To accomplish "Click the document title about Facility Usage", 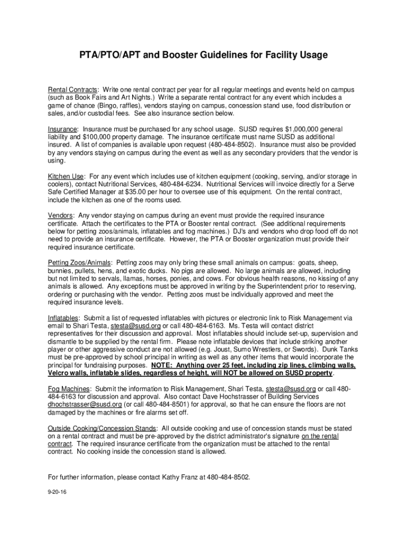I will coord(203,55).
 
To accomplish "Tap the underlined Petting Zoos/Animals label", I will coord(79,263).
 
